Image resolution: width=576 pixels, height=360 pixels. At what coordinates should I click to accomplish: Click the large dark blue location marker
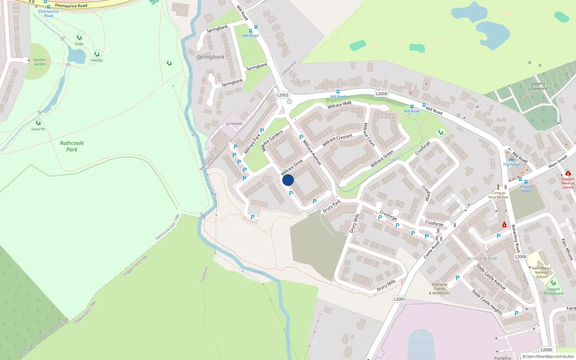[x=288, y=180]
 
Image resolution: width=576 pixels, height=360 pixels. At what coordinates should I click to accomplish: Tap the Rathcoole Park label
[x=72, y=146]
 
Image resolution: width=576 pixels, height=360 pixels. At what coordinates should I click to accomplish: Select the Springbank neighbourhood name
[x=211, y=57]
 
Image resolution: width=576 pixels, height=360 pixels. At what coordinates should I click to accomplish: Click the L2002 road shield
[x=283, y=95]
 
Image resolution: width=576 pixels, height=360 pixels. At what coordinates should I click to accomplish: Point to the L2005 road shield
[x=399, y=299]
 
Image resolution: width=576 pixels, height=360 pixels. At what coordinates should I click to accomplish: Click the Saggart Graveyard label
[x=537, y=86]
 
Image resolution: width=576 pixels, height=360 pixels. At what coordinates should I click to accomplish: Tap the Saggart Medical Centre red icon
[x=568, y=174]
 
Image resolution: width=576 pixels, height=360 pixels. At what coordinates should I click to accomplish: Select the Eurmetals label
[x=234, y=124]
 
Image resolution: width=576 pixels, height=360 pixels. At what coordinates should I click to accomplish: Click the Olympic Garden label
[x=40, y=62]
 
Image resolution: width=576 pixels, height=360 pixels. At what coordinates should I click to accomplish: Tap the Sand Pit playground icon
[x=38, y=123]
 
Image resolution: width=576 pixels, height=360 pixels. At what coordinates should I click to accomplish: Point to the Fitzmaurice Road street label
[x=71, y=6]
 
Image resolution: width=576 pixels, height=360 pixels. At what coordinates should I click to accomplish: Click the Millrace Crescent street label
[x=337, y=140]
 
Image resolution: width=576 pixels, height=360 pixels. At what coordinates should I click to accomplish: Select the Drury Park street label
[x=332, y=206]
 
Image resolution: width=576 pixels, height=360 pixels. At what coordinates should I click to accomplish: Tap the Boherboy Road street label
[x=516, y=238]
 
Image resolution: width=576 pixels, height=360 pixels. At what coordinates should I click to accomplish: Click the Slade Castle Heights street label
[x=487, y=302]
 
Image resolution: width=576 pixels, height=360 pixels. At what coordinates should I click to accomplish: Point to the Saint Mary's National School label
[x=541, y=273]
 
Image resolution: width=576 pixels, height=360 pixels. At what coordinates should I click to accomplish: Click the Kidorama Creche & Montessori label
[x=440, y=289]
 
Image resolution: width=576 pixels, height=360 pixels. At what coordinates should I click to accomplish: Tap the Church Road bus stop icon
[x=526, y=182]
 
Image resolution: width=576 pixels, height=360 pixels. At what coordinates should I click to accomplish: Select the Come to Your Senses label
[x=498, y=195]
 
